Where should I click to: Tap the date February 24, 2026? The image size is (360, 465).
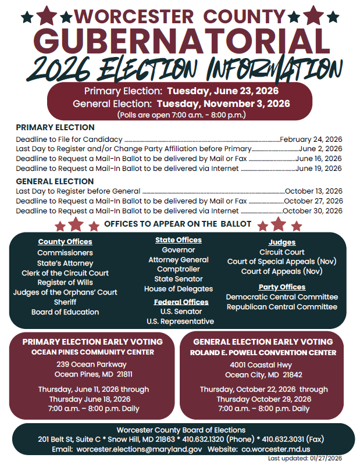(x=311, y=139)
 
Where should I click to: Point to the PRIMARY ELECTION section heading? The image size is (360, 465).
(x=55, y=127)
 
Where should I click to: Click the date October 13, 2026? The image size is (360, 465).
(x=313, y=191)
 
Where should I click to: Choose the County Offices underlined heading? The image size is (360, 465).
(x=65, y=242)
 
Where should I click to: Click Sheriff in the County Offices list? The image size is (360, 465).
(x=65, y=302)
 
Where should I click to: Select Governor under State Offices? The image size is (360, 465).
(x=179, y=250)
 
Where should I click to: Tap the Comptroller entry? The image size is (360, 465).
(x=179, y=270)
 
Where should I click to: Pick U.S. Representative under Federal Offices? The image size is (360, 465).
(x=180, y=321)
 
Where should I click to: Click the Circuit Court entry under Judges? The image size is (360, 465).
(x=282, y=252)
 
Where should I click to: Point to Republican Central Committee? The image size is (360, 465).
(x=282, y=306)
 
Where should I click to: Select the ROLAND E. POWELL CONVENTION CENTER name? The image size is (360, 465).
(x=263, y=353)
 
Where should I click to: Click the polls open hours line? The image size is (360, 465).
(x=181, y=115)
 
